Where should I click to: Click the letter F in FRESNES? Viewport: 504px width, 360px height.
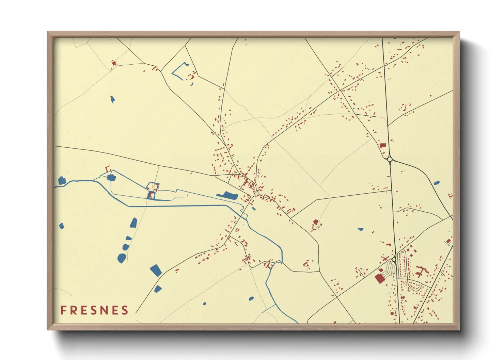click(63, 310)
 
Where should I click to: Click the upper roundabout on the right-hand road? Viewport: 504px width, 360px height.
click(390, 159)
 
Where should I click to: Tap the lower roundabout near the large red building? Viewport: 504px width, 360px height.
click(394, 260)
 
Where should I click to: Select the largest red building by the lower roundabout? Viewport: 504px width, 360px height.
click(379, 278)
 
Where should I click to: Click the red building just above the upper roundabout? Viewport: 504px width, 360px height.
click(383, 145)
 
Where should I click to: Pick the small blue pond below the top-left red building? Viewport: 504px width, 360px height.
click(112, 99)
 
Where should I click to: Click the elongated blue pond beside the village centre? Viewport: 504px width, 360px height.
click(227, 195)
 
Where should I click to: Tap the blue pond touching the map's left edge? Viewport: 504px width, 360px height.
click(61, 180)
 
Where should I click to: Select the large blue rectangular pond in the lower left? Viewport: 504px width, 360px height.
click(156, 270)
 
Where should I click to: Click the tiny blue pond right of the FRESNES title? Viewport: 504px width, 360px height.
click(204, 304)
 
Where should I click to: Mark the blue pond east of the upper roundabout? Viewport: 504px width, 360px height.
click(437, 183)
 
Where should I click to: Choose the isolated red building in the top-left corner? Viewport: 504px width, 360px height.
click(114, 63)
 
